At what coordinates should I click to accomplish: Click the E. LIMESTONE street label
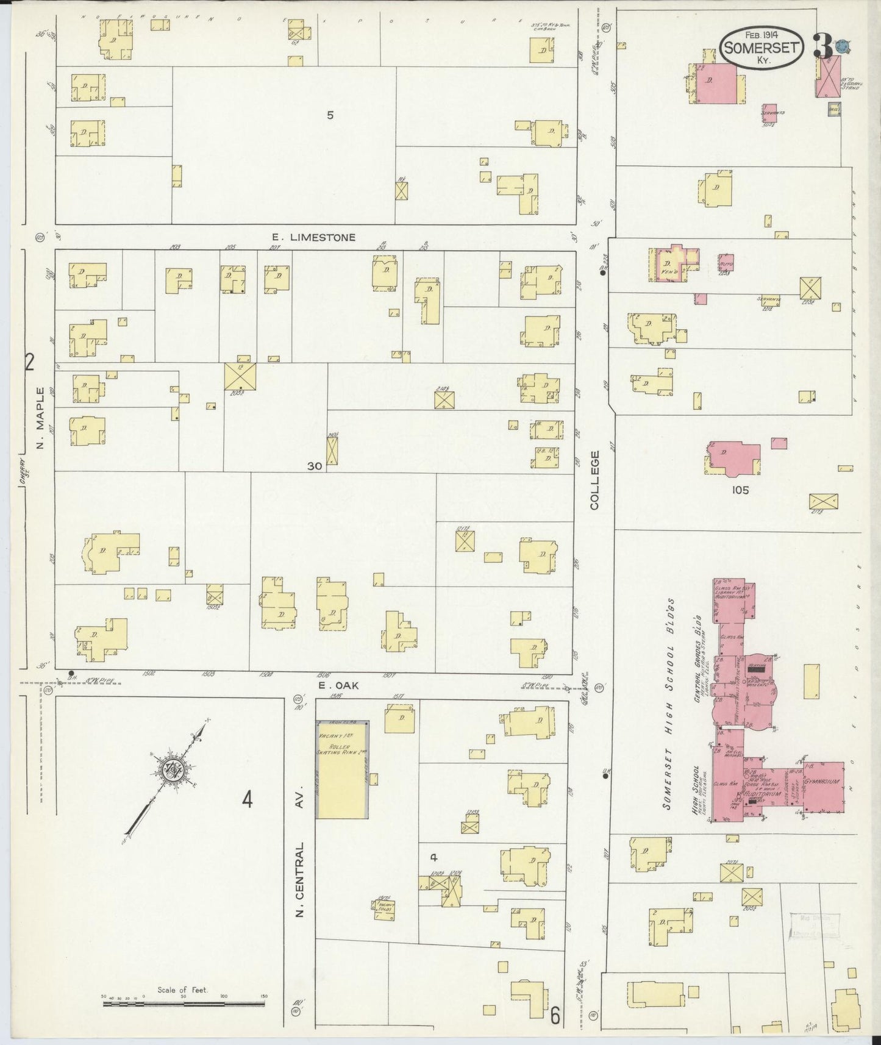[314, 237]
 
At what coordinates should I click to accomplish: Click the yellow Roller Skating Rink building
[341, 769]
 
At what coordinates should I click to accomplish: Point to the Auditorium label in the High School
[762, 795]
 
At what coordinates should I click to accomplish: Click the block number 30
[315, 466]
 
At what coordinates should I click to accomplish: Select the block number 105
[741, 490]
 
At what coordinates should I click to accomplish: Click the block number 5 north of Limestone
[330, 115]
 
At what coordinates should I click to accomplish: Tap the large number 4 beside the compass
[247, 799]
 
